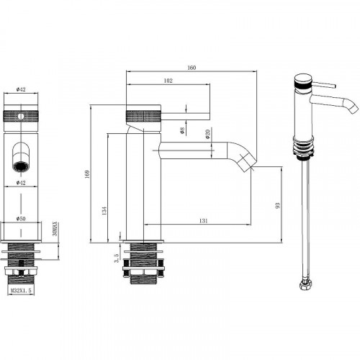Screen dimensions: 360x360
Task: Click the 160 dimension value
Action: pyautogui.click(x=192, y=68)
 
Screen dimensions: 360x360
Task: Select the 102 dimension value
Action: pyautogui.click(x=168, y=82)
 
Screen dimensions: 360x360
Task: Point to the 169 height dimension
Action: pyautogui.click(x=86, y=174)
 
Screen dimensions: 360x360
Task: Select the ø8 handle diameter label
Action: pyautogui.click(x=182, y=130)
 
